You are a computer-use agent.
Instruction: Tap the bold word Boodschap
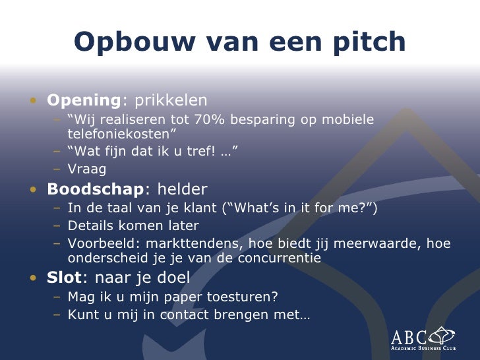point(95,190)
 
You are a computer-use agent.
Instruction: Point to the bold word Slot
point(63,278)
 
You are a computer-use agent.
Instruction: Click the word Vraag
point(87,169)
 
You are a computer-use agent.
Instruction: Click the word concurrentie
point(276,258)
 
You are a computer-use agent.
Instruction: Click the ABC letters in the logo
point(409,336)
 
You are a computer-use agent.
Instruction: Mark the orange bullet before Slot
point(33,278)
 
